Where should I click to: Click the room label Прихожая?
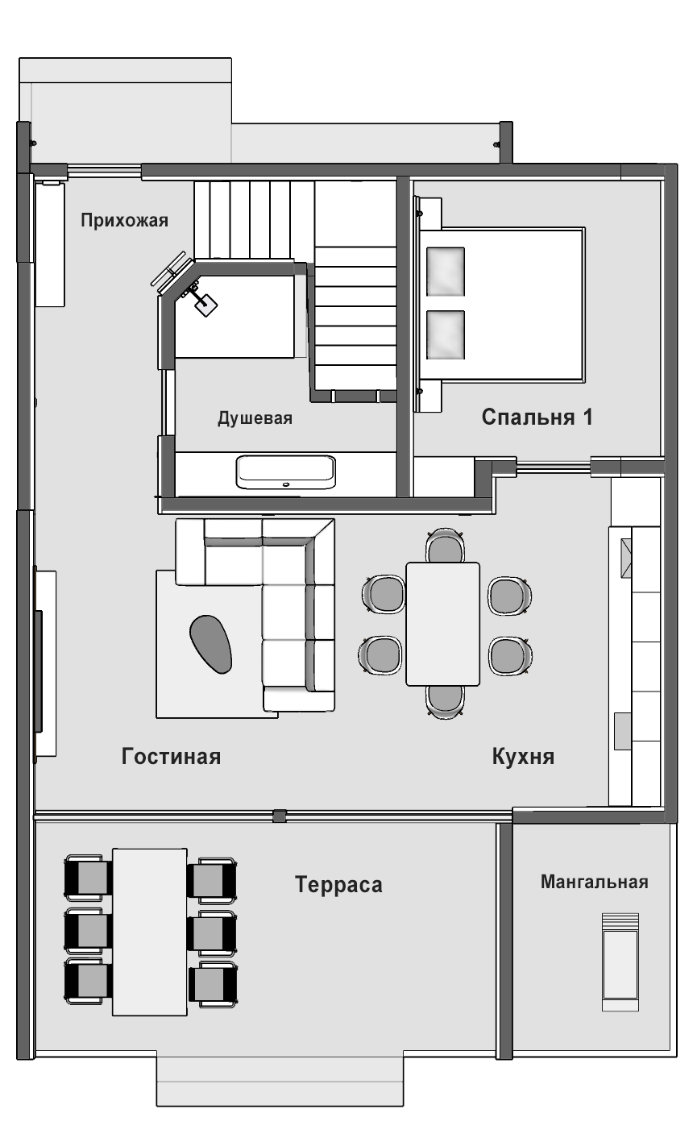(124, 221)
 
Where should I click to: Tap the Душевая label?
(255, 418)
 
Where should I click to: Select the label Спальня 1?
(537, 417)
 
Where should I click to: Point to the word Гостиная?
(171, 757)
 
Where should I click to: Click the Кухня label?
(523, 757)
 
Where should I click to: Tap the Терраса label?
(339, 884)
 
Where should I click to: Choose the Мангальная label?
(595, 882)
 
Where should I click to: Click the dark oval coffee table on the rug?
(211, 644)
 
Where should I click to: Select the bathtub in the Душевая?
(286, 472)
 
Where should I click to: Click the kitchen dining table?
(442, 624)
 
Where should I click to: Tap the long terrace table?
(149, 932)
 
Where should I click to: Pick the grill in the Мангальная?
(620, 962)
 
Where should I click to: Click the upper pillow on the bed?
(446, 272)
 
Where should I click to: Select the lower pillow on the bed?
(446, 334)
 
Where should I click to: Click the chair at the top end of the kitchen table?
(445, 546)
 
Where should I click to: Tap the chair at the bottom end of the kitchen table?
(445, 703)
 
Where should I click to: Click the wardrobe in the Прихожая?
(50, 244)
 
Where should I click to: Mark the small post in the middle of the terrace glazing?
(280, 816)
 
